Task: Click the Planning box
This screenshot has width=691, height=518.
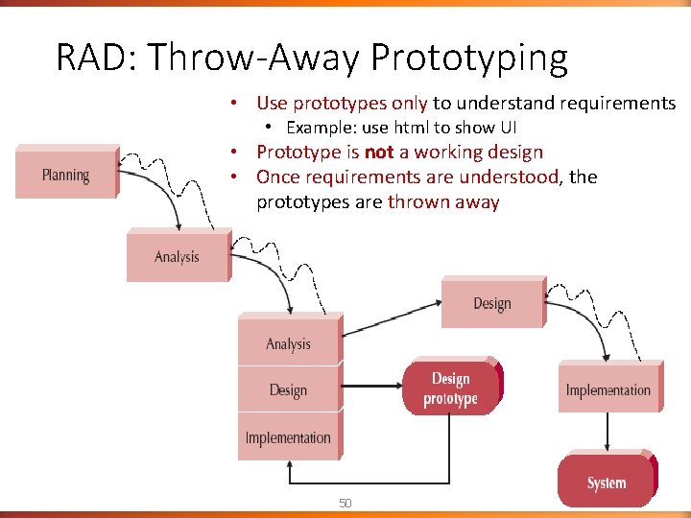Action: [65, 174]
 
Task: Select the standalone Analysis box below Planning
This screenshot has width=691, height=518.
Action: [178, 255]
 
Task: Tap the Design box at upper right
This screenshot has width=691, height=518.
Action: [491, 303]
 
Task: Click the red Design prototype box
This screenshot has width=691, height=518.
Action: [450, 388]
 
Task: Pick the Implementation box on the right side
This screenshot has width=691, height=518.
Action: [608, 389]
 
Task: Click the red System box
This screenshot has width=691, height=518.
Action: [606, 483]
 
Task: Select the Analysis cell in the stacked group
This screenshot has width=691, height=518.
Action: [288, 342]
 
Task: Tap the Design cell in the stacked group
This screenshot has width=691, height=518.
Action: [288, 389]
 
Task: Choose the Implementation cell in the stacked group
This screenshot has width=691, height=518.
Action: [288, 437]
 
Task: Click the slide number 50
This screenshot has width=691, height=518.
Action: [345, 503]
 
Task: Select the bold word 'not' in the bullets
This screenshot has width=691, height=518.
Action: [381, 153]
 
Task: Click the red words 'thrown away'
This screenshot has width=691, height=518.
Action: [443, 201]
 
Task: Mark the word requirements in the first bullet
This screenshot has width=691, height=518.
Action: [614, 103]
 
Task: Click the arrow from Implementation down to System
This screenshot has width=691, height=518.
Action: [608, 433]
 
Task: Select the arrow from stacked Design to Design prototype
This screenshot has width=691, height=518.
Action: [369, 389]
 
